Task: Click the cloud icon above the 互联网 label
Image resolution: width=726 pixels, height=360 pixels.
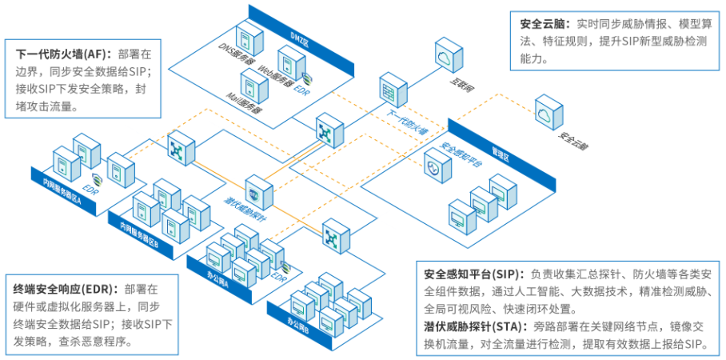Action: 445,55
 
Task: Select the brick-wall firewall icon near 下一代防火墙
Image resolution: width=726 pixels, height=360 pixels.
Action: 392,88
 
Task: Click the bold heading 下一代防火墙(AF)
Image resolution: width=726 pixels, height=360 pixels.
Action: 64,54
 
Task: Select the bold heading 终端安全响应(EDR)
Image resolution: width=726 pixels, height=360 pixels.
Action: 66,287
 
